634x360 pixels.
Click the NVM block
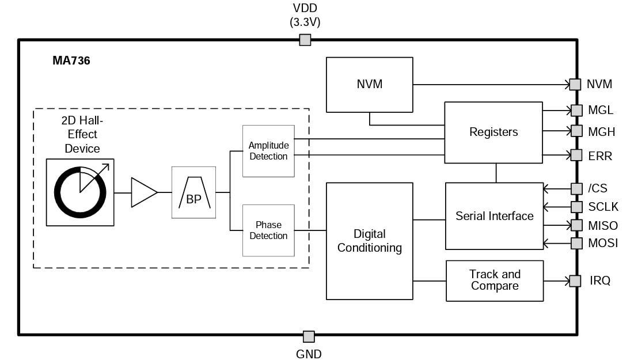coord(369,84)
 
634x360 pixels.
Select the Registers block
coord(493,132)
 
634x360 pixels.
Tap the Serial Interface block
coord(494,216)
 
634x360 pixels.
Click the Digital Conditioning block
coord(369,241)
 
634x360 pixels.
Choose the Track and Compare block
coord(495,281)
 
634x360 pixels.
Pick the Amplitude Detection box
coord(268,151)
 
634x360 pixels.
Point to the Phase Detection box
coord(268,230)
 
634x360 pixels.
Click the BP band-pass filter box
coord(193,192)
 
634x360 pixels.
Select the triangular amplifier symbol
coord(143,192)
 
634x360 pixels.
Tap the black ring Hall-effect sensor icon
coord(80,192)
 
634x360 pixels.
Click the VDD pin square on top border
coord(305,40)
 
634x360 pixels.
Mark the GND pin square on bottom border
coord(309,336)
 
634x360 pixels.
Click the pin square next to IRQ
coord(575,281)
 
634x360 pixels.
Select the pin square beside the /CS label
coord(576,188)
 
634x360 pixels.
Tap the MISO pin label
coord(602,225)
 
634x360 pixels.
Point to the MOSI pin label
coord(602,243)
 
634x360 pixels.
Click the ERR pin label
coord(600,156)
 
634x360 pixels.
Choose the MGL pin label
coord(601,110)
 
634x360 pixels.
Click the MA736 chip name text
coord(71,60)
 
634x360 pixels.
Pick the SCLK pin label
coord(602,206)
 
